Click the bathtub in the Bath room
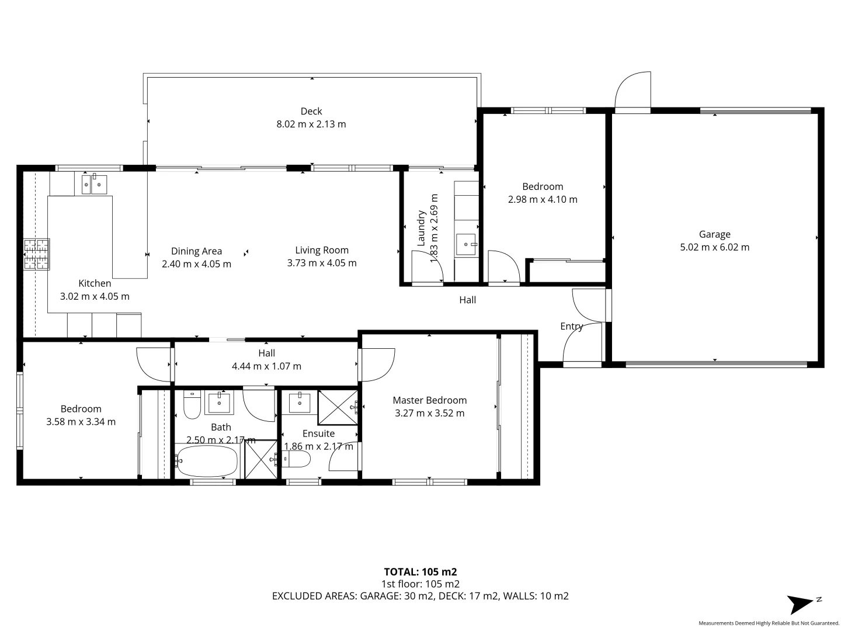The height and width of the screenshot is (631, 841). click(207, 462)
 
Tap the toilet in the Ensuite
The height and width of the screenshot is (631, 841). click(296, 460)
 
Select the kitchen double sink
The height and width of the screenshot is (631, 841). click(93, 184)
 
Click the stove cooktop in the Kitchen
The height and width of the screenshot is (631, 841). click(36, 255)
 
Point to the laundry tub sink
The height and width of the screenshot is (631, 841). click(467, 242)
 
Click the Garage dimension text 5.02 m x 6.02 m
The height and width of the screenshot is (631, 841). click(714, 247)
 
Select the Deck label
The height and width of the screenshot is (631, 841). click(311, 111)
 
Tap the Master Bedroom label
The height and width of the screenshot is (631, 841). click(429, 400)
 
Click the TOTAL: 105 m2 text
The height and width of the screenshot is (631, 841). click(420, 571)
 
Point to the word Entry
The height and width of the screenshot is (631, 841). click(571, 326)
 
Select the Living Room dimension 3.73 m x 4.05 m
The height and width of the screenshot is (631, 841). click(321, 263)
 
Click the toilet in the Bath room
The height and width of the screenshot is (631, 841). click(192, 404)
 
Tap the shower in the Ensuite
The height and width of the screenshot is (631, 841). click(338, 407)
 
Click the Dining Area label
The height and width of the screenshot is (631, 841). click(196, 251)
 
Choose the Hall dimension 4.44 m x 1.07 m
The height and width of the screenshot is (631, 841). click(266, 366)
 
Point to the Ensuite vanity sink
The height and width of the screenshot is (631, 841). click(300, 401)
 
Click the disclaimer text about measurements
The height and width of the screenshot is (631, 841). click(769, 623)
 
